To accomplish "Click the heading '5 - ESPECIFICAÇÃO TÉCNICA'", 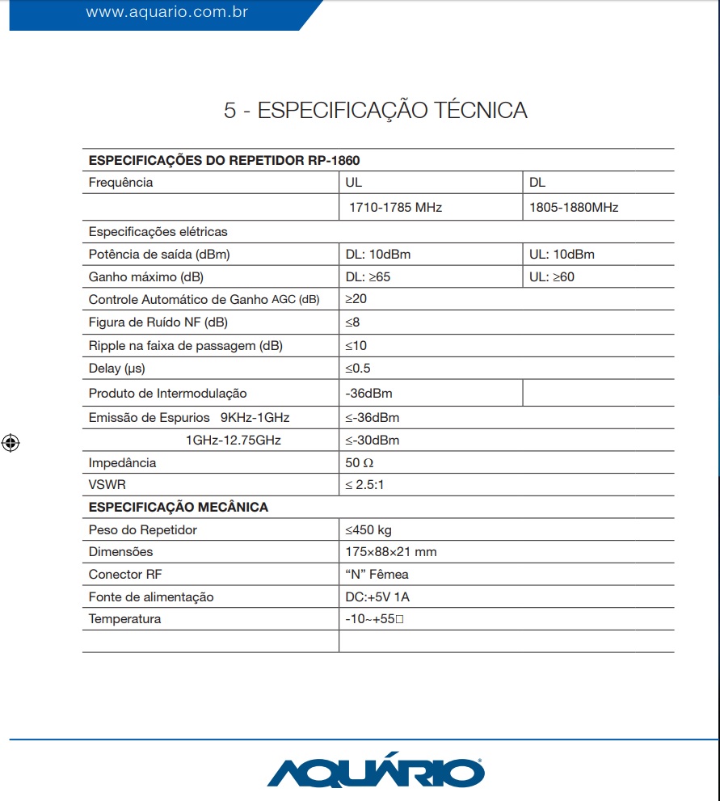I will pyautogui.click(x=376, y=111).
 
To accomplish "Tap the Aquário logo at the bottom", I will pyautogui.click(x=376, y=771).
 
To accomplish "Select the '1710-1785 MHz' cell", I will pyautogui.click(x=395, y=208).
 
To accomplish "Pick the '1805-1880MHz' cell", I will pyautogui.click(x=574, y=208).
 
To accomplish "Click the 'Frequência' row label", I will pyautogui.click(x=120, y=183).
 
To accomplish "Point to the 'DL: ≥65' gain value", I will pyautogui.click(x=368, y=277).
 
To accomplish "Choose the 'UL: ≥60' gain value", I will pyautogui.click(x=552, y=277).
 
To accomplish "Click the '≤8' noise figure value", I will pyautogui.click(x=352, y=323).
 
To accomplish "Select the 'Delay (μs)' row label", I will pyautogui.click(x=116, y=369).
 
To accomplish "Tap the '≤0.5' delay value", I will pyautogui.click(x=359, y=369).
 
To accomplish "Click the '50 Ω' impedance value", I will pyautogui.click(x=360, y=463).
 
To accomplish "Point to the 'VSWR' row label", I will pyautogui.click(x=107, y=485).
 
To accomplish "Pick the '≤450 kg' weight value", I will pyautogui.click(x=368, y=530).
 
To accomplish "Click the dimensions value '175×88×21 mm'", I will pyautogui.click(x=390, y=552).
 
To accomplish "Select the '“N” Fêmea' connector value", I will pyautogui.click(x=377, y=575).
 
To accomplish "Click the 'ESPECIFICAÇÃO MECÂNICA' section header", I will pyautogui.click(x=178, y=508).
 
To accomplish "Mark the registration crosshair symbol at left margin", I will pyautogui.click(x=11, y=442).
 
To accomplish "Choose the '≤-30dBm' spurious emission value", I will pyautogui.click(x=373, y=441).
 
